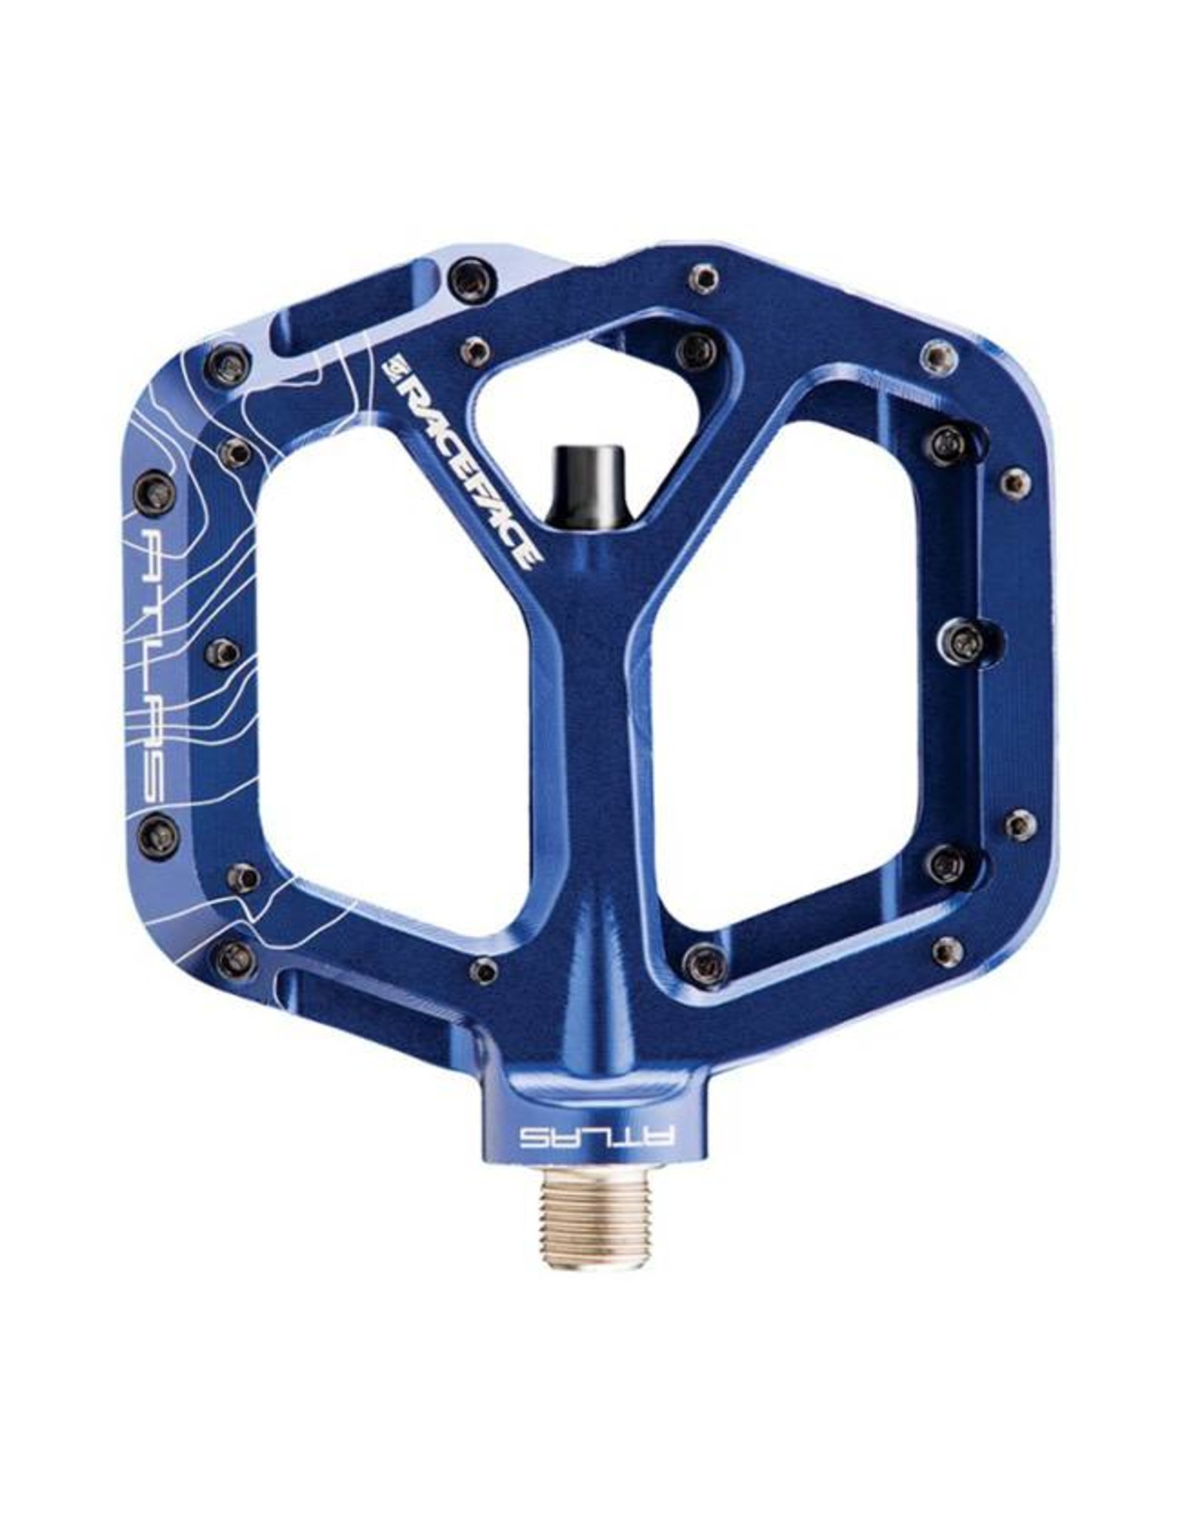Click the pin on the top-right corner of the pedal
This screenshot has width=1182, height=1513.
(x=935, y=356)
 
